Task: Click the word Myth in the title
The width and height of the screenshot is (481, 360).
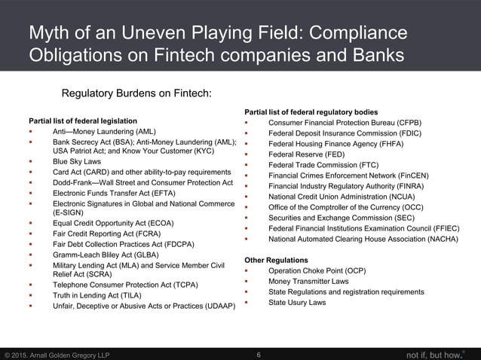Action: point(48,34)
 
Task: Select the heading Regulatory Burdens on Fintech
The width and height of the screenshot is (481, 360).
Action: point(136,93)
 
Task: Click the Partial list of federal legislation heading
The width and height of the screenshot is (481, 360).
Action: point(83,121)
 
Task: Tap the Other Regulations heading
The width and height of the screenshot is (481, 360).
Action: point(276,260)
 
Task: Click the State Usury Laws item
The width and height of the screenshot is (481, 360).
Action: point(297,303)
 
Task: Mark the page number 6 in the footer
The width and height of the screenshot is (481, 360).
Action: point(259,354)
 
